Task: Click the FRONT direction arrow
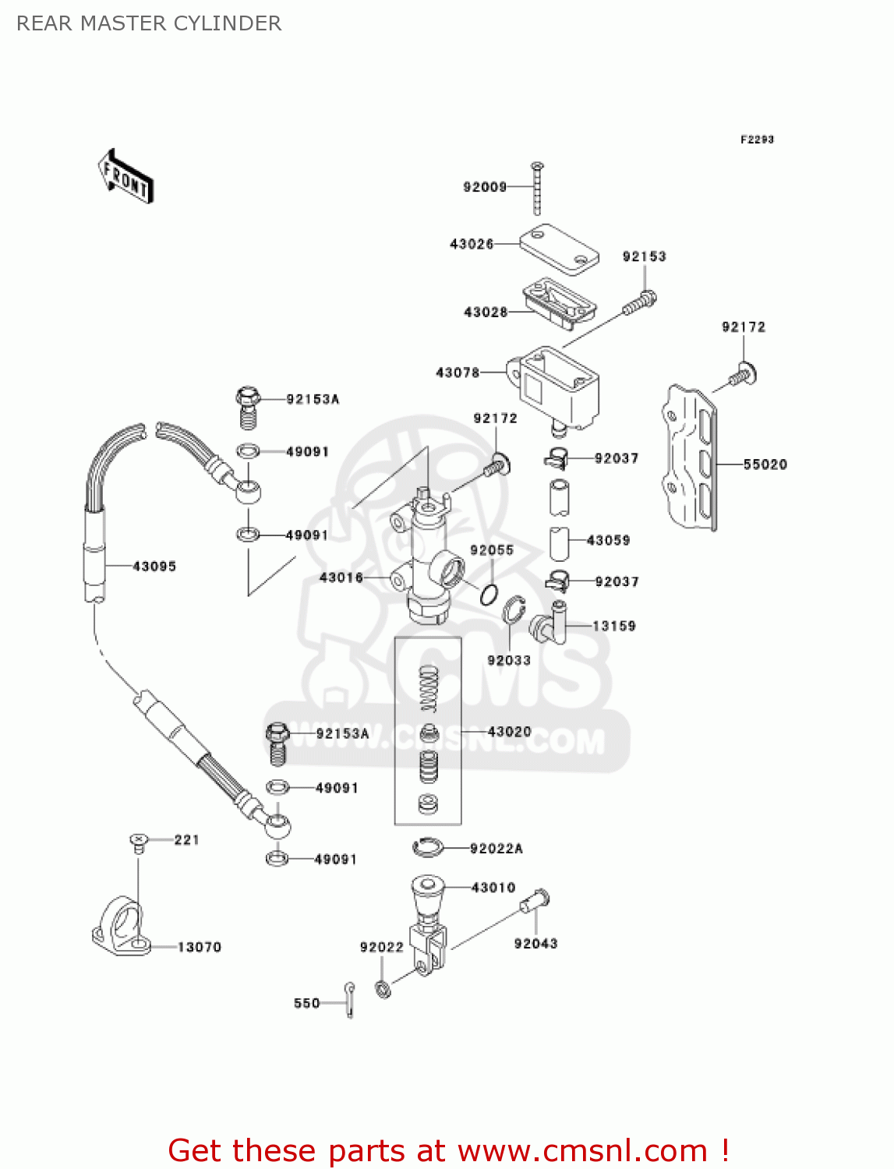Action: (x=125, y=177)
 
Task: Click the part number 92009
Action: (x=485, y=187)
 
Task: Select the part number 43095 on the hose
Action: (x=154, y=567)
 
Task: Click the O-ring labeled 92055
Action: (x=489, y=595)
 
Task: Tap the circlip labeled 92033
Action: (x=512, y=610)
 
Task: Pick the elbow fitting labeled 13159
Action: (x=549, y=624)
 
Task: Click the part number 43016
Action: (x=341, y=577)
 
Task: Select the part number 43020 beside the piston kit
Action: (x=509, y=732)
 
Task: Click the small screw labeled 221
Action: (x=138, y=841)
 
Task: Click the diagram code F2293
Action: (x=757, y=140)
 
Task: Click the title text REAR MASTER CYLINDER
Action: (x=149, y=23)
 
